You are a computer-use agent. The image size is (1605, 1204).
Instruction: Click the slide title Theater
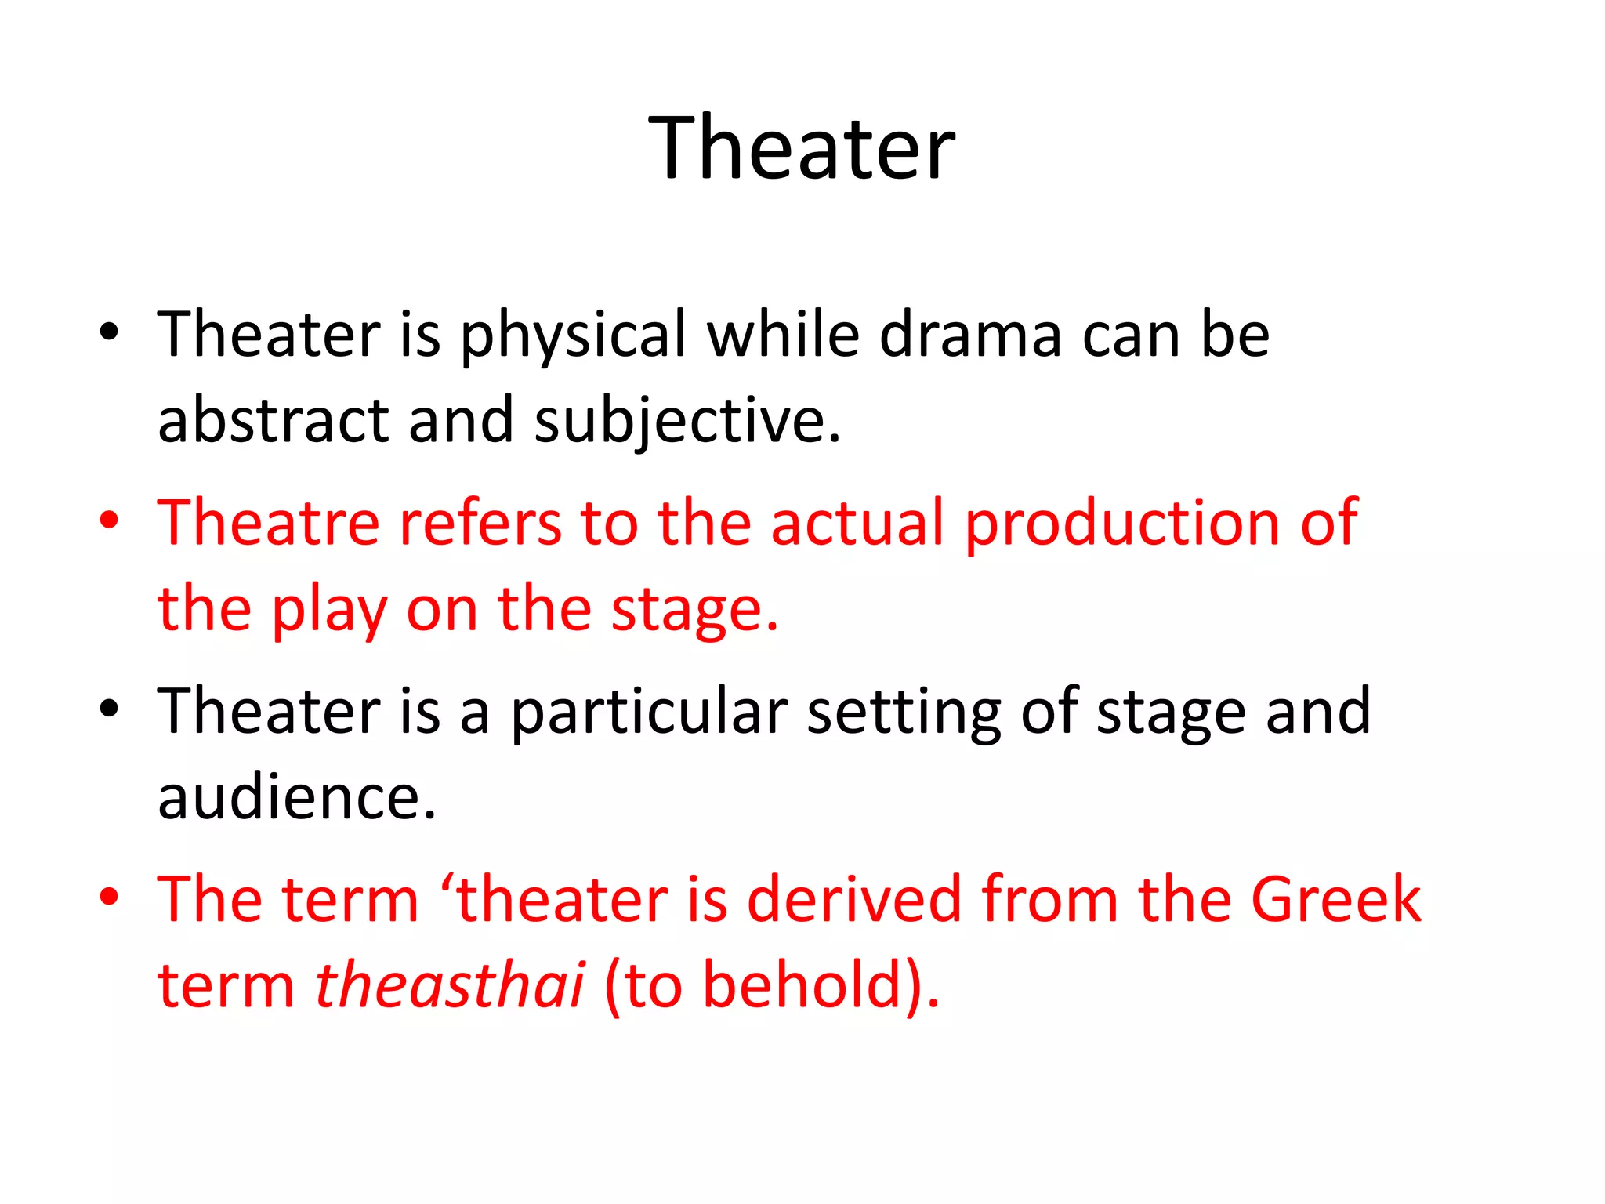coord(802,147)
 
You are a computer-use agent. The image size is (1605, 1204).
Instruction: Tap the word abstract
coord(274,420)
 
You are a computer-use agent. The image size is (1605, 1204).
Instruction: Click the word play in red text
coord(329,609)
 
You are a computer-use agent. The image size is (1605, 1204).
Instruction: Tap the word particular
coord(649,711)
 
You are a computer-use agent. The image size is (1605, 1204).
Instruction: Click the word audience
coord(296,796)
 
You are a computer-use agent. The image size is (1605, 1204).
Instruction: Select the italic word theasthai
coord(449,985)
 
